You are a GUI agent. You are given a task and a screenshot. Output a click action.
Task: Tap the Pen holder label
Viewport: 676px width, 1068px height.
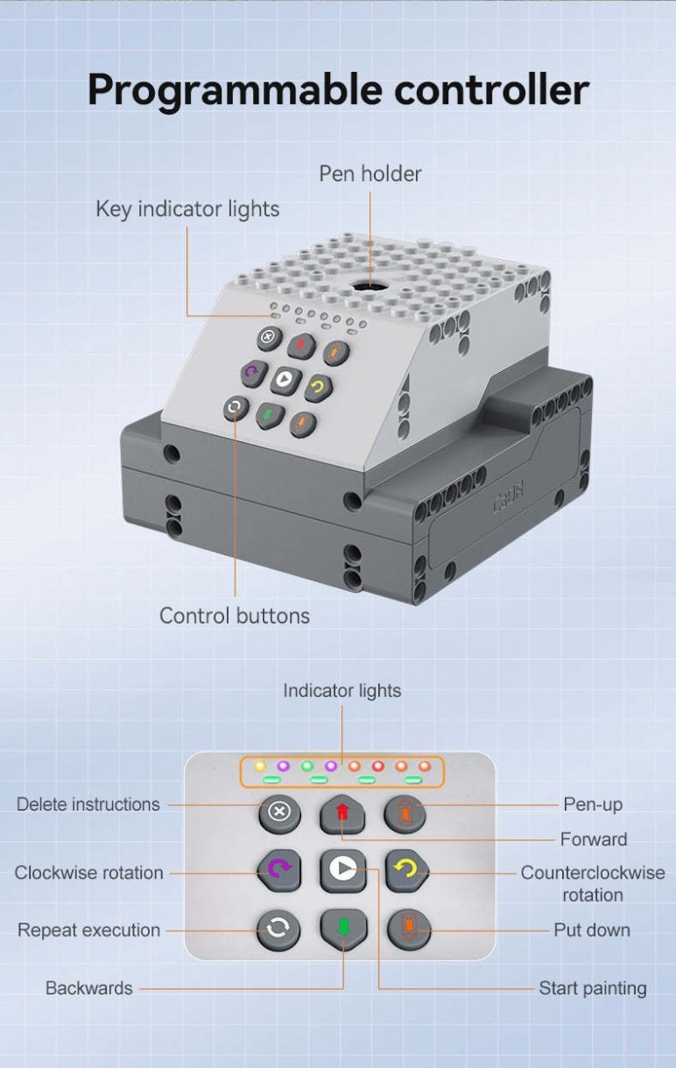tap(370, 174)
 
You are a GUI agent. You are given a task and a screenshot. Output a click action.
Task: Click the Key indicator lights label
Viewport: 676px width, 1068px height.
tap(187, 210)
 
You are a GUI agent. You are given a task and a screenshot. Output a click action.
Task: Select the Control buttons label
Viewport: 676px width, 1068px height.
tap(235, 615)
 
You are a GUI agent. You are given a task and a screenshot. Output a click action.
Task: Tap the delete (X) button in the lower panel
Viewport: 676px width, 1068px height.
tap(279, 812)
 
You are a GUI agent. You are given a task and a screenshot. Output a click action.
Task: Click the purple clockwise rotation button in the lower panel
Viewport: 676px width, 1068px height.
tap(279, 870)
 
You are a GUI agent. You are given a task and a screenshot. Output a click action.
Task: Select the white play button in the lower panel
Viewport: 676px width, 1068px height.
tap(343, 870)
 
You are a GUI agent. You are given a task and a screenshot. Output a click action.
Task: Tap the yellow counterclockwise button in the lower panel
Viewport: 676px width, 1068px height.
tap(406, 870)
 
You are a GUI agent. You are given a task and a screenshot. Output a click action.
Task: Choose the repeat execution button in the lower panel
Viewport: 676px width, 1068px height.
tap(278, 930)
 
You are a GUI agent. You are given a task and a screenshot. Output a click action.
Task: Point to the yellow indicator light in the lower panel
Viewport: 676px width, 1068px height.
tap(260, 766)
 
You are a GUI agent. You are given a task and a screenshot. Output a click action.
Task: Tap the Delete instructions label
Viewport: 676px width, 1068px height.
tap(88, 805)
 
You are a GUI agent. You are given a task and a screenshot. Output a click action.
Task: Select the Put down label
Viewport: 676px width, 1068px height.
tap(592, 930)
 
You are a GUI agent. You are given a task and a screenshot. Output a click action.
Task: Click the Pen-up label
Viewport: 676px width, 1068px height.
tap(593, 805)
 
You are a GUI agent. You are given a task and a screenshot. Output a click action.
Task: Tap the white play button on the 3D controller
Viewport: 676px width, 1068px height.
tap(285, 380)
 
